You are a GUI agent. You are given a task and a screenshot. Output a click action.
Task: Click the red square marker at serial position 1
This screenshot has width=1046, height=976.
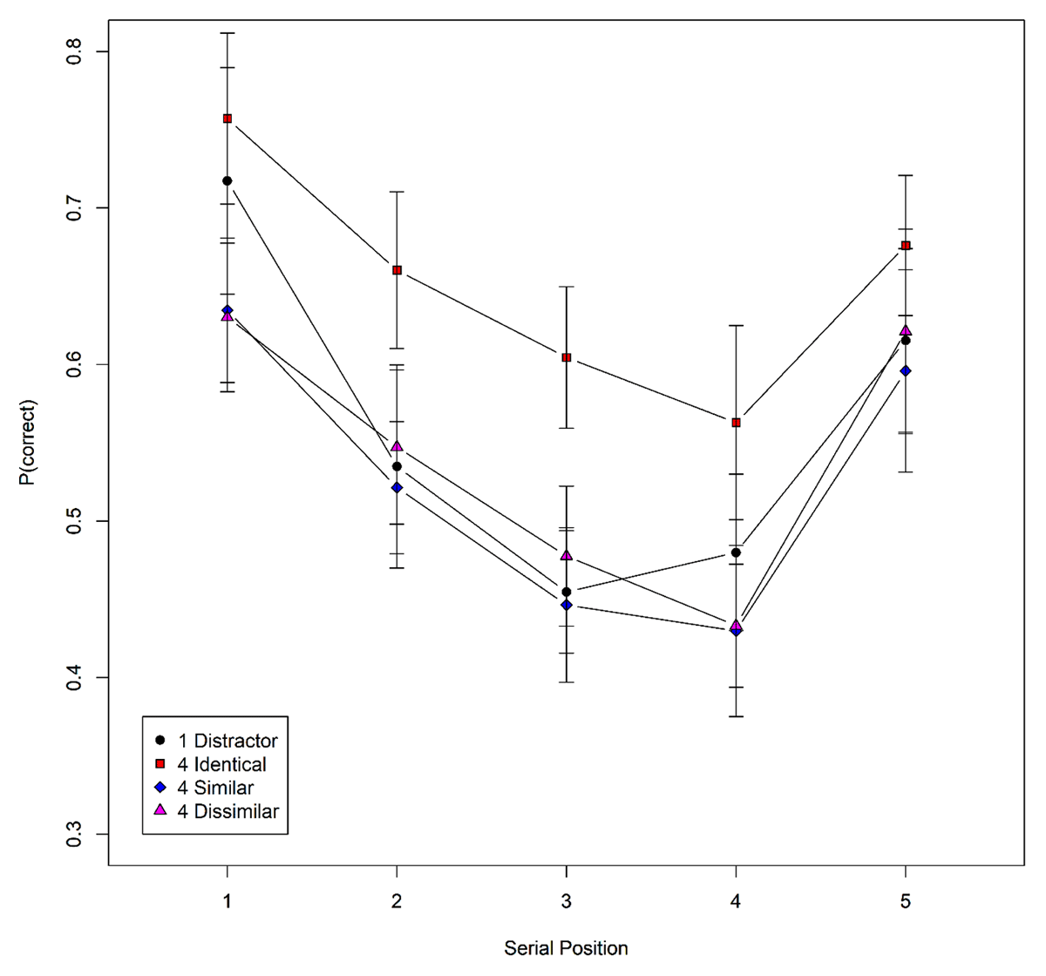click(228, 119)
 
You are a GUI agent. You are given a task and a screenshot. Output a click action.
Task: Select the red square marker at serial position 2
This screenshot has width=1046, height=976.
click(397, 270)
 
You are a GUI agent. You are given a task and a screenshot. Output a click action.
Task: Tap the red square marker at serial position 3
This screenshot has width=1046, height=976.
click(567, 357)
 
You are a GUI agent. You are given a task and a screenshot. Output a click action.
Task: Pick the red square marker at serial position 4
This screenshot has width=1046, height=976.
click(737, 423)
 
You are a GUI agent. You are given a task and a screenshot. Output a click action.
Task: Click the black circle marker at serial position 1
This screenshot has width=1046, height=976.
click(228, 180)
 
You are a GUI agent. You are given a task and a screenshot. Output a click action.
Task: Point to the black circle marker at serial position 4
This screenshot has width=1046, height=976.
click(737, 552)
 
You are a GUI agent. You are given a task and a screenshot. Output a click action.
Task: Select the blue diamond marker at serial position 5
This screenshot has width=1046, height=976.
click(906, 371)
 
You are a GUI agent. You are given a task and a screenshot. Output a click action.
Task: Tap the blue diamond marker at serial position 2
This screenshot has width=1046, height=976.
click(397, 488)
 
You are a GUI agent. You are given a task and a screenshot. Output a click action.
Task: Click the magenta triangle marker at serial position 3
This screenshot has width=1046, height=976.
click(567, 555)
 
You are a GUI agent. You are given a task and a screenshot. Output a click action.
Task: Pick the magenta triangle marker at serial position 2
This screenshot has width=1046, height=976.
click(397, 446)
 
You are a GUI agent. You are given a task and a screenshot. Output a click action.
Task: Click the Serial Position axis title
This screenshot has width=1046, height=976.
click(566, 948)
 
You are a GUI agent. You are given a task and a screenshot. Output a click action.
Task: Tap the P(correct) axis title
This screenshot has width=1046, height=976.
click(29, 442)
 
